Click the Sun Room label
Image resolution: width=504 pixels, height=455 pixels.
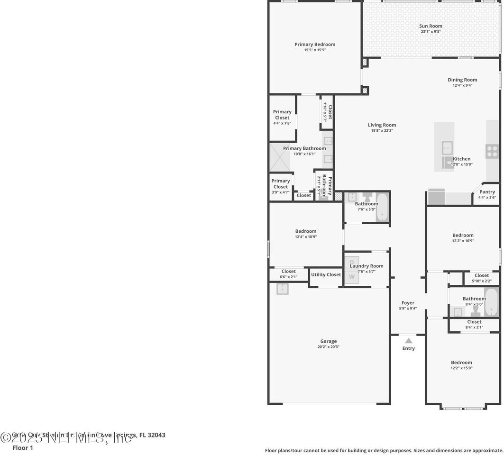(431, 26)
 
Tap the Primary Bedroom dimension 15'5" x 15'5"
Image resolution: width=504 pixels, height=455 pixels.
(315, 50)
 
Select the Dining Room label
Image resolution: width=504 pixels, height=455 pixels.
(462, 80)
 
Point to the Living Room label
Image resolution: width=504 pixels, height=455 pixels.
(382, 125)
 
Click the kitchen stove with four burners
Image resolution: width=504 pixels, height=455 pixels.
(492, 152)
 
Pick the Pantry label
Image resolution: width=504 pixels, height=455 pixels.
(487, 192)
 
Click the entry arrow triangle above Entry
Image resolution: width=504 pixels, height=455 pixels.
(408, 340)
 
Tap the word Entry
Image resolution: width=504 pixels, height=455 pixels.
(408, 348)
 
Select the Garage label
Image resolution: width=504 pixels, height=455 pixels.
(328, 341)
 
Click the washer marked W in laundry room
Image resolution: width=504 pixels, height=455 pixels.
(352, 277)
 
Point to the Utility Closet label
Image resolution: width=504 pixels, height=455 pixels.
(326, 274)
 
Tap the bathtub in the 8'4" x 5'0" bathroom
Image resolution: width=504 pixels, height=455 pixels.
(491, 302)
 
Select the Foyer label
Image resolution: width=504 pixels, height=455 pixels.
(408, 303)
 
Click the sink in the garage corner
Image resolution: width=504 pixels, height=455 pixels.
(283, 289)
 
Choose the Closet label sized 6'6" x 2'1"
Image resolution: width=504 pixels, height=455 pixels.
(288, 272)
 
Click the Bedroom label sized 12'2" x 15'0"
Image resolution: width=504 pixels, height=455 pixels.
(461, 363)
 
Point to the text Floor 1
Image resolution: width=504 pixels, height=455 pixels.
(23, 447)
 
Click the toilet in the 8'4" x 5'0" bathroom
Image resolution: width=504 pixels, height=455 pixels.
(476, 311)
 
